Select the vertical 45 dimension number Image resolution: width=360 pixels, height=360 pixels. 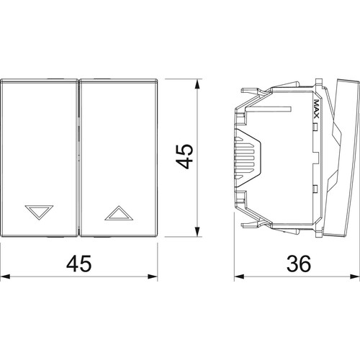point(184,156)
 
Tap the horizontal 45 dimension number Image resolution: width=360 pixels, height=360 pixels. point(79,264)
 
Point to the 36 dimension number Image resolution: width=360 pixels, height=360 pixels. point(299,264)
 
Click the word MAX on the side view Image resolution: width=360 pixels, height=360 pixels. point(316,109)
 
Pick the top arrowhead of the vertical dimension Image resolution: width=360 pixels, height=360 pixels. point(197,84)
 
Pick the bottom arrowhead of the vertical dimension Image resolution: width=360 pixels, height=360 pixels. point(197,232)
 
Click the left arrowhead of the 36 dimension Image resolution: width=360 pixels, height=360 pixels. point(239,276)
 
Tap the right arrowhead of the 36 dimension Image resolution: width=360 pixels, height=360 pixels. point(355,276)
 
